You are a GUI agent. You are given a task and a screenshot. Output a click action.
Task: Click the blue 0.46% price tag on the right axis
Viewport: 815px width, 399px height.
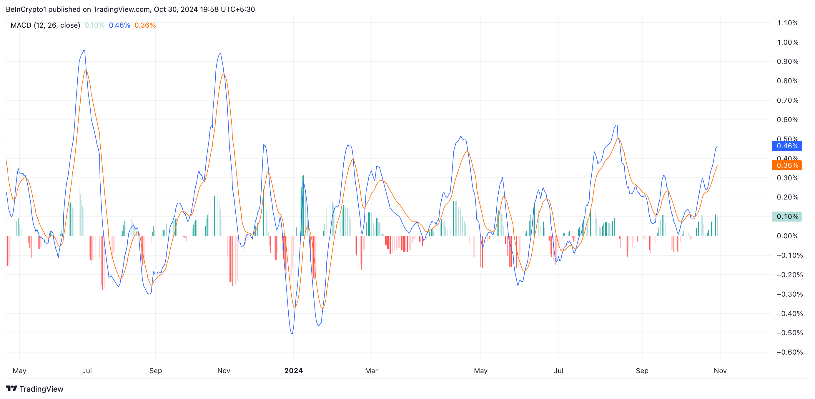(x=787, y=146)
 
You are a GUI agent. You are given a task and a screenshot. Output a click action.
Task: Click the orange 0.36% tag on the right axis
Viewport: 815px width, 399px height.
(x=787, y=165)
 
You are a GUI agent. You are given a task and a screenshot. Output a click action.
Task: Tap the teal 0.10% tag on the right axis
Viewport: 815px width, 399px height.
(x=787, y=217)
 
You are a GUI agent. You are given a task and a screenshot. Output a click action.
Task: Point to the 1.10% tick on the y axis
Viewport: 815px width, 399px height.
(x=787, y=23)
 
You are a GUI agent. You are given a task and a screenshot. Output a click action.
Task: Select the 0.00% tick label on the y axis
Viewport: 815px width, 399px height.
(x=787, y=236)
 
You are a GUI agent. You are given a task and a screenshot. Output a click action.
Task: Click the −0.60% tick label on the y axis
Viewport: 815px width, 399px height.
(x=789, y=352)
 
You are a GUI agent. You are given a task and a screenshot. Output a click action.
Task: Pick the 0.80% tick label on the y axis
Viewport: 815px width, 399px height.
(x=787, y=81)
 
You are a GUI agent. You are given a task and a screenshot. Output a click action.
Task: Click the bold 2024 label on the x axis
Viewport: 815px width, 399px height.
(x=293, y=370)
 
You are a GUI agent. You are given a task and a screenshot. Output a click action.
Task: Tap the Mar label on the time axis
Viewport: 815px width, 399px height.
(x=371, y=370)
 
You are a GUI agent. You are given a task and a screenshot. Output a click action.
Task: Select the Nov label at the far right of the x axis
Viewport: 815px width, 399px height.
(x=720, y=370)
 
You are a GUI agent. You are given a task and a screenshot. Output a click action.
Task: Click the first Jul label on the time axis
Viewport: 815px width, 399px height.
(x=87, y=370)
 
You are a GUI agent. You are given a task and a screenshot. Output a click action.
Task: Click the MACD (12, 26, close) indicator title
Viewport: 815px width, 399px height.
(x=45, y=25)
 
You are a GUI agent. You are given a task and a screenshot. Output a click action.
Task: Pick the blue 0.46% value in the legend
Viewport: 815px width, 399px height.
(x=119, y=25)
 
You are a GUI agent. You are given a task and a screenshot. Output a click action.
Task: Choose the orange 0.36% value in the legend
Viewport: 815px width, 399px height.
(x=145, y=25)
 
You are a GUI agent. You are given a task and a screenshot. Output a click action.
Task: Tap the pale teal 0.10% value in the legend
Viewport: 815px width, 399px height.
(x=94, y=25)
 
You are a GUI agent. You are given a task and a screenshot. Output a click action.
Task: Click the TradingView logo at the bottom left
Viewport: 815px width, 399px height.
(x=34, y=389)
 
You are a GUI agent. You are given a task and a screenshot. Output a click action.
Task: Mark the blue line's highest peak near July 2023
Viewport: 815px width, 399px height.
(x=84, y=51)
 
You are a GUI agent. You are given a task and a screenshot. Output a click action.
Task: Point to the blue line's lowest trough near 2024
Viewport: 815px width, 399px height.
(x=292, y=333)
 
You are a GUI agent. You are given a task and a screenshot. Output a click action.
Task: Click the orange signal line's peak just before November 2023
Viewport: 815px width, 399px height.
(x=224, y=74)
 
